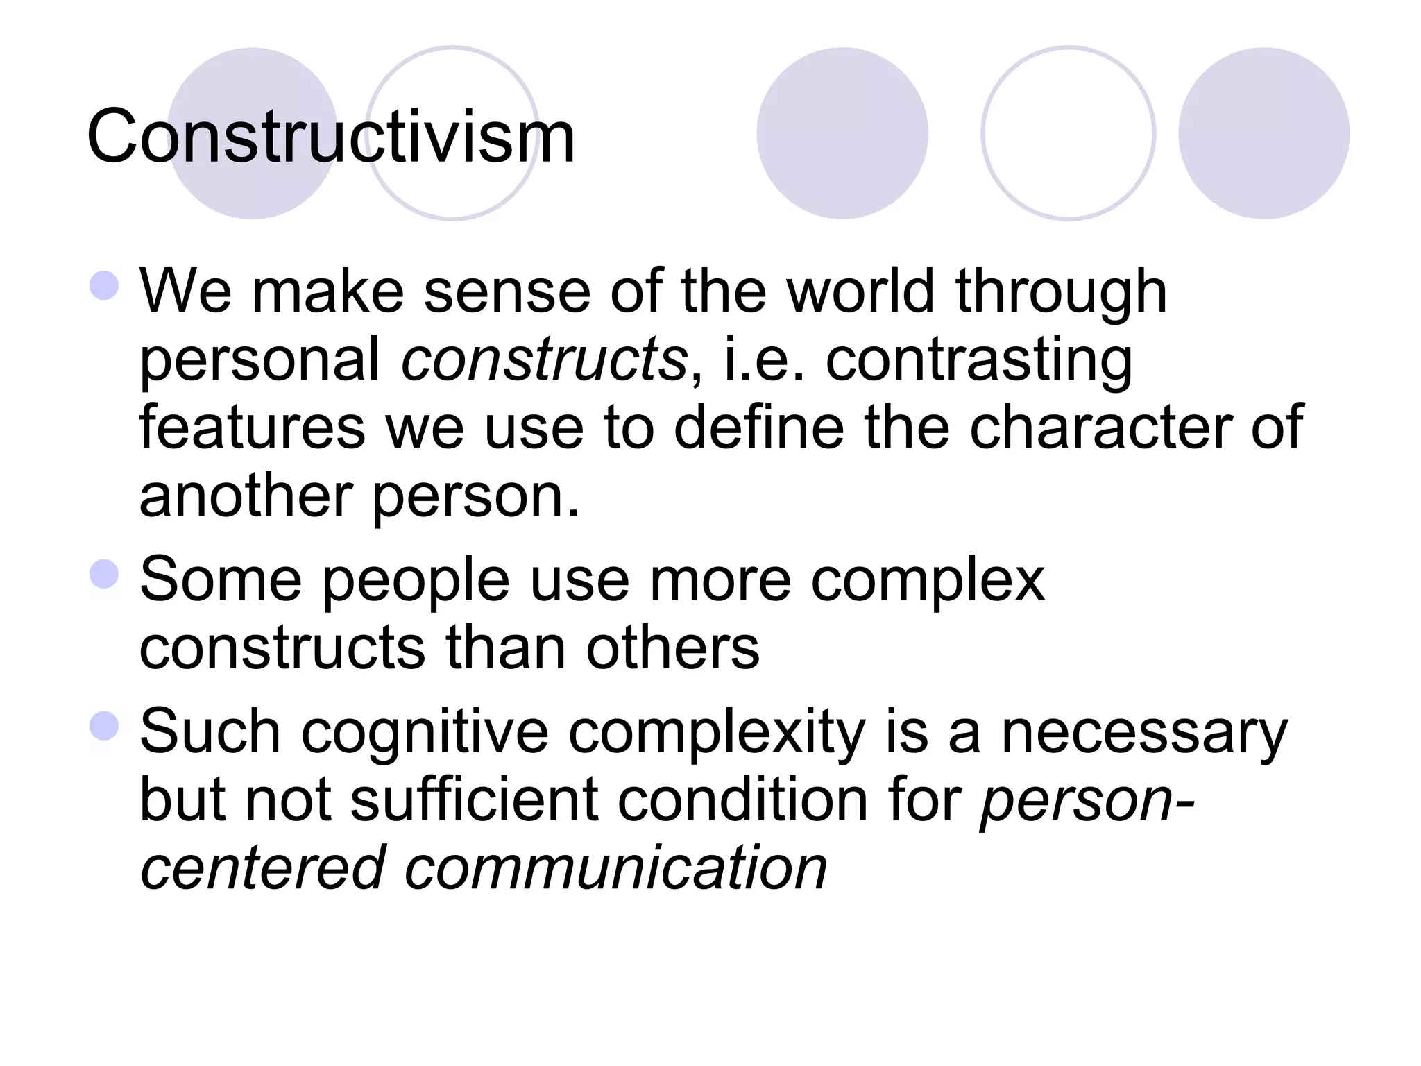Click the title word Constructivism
tap(331, 137)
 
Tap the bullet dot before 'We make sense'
tap(105, 285)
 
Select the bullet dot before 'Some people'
tap(105, 574)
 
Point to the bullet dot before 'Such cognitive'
tap(105, 725)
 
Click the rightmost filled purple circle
tap(1263, 133)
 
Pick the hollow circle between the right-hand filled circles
tap(1068, 133)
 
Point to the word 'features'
tap(252, 428)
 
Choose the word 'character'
tap(1100, 428)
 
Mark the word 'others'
tap(672, 648)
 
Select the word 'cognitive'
tap(425, 733)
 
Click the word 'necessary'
tap(1144, 733)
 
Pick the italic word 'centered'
tap(263, 868)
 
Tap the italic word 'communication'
tap(616, 868)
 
